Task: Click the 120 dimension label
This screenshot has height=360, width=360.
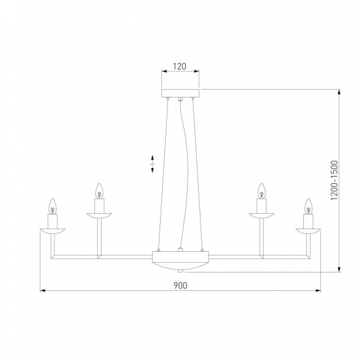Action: click(180, 67)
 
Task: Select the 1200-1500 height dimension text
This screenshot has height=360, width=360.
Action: click(334, 181)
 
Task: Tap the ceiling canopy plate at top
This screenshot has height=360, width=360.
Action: click(180, 94)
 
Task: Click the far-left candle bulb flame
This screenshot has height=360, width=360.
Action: click(53, 204)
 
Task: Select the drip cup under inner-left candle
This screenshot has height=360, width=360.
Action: click(99, 214)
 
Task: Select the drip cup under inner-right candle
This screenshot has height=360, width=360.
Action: click(262, 214)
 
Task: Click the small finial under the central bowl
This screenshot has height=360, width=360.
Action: click(180, 270)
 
